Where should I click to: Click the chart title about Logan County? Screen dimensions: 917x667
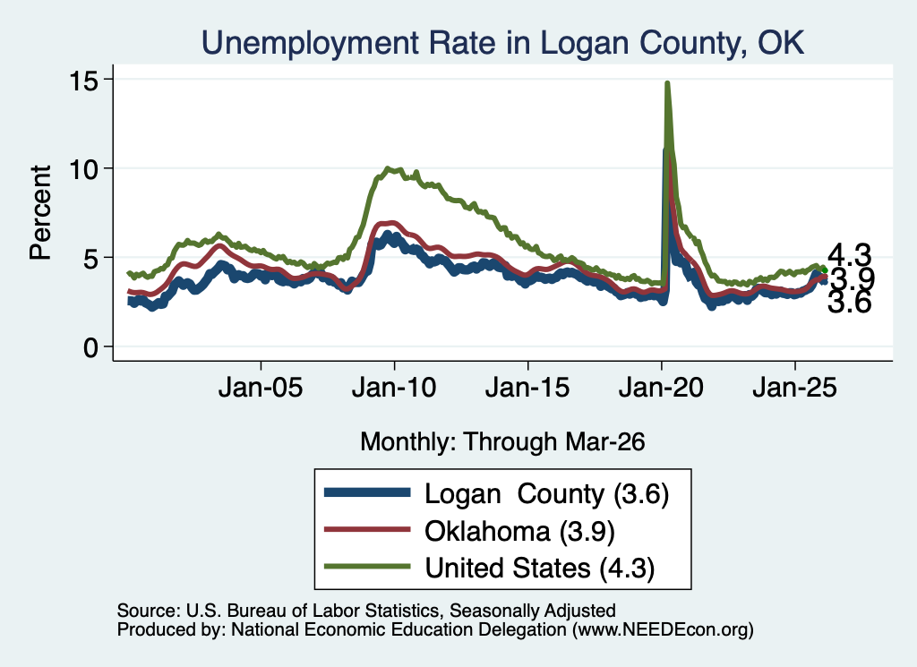(x=502, y=43)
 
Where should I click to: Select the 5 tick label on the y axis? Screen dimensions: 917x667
(x=90, y=259)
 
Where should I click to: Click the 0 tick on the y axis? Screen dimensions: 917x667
(x=90, y=347)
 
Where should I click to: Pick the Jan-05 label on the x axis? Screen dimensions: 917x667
(x=261, y=388)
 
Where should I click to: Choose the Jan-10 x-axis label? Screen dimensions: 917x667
(x=394, y=388)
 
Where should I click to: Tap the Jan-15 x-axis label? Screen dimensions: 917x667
(x=527, y=388)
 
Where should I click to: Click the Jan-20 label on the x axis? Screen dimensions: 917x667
(x=661, y=388)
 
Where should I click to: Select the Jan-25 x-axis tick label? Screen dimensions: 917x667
(x=795, y=388)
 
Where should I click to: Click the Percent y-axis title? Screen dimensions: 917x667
(x=40, y=213)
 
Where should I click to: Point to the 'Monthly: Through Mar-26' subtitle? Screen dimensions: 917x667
(x=502, y=442)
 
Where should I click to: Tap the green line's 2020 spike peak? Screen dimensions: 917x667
(x=667, y=83)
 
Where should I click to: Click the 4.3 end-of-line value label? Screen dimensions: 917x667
(x=849, y=255)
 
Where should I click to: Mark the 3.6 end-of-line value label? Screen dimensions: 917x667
(x=849, y=303)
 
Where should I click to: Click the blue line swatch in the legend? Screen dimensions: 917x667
(x=367, y=492)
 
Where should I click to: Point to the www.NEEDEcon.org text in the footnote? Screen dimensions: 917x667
(x=663, y=629)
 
